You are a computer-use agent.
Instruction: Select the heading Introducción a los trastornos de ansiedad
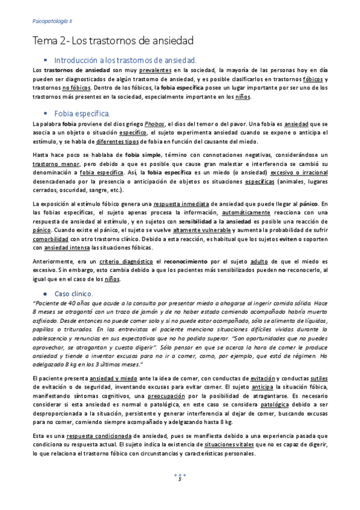(125, 61)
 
